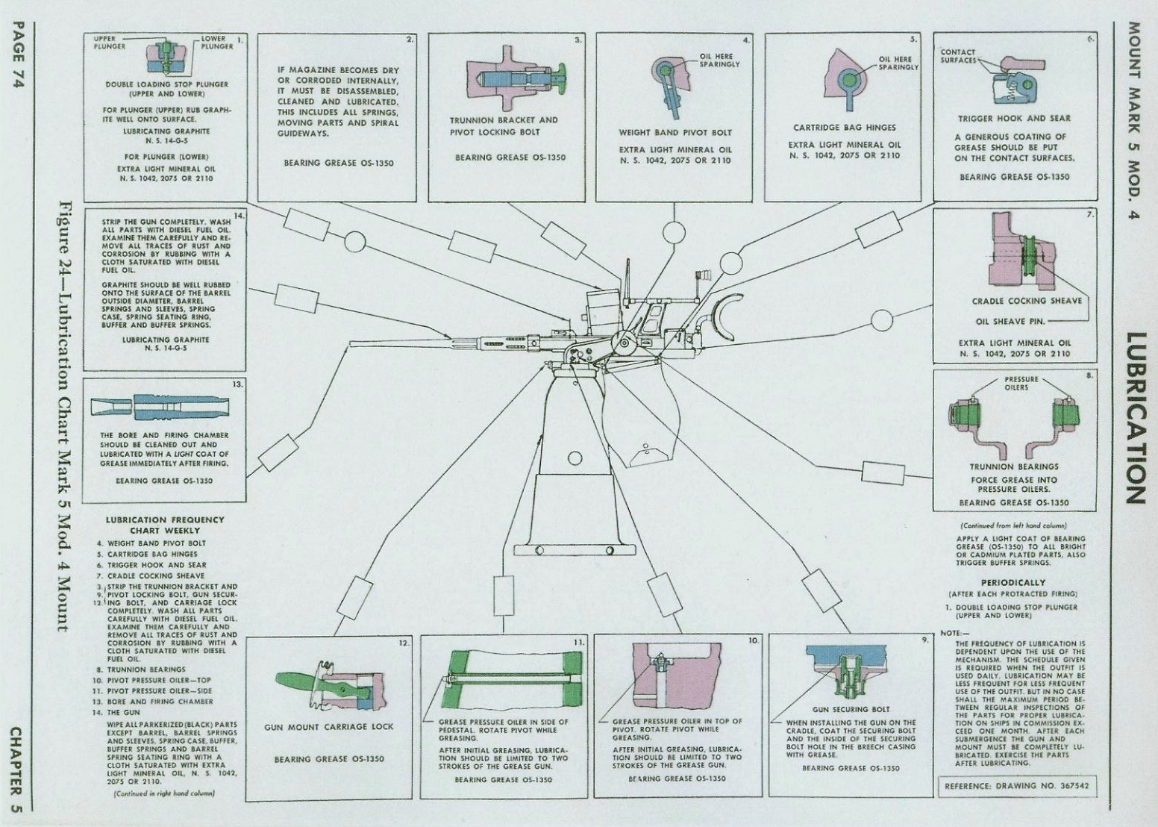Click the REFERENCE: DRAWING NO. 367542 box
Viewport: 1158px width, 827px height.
[1016, 786]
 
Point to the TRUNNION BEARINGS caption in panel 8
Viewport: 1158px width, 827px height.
[1014, 466]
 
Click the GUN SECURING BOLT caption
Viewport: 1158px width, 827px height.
[850, 709]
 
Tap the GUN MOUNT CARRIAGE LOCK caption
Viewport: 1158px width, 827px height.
[329, 727]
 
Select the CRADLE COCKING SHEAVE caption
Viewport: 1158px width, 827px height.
[1027, 301]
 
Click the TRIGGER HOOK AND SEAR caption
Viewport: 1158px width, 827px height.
[1014, 119]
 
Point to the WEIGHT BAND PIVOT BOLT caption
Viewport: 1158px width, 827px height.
[675, 132]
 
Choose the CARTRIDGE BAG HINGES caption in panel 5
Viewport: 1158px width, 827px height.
[845, 127]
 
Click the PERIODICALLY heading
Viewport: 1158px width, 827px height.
[1013, 582]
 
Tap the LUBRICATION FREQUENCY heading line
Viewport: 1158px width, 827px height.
[165, 519]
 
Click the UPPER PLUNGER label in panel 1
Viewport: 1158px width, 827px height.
[110, 43]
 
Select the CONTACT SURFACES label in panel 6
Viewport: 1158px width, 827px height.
[958, 56]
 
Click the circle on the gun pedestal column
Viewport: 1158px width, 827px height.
[575, 458]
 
